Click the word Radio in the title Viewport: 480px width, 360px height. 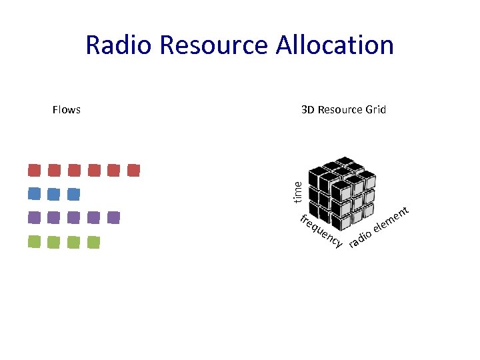120,45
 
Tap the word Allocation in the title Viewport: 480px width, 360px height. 331,45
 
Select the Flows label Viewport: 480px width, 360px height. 67,110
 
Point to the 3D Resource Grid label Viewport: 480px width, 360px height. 343,110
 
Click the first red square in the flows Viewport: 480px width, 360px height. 35,170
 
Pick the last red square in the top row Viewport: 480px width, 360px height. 133,170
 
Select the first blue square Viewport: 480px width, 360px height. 35,194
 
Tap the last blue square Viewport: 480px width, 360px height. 74,194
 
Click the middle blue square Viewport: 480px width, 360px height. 54,194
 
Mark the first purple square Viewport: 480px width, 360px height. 35,217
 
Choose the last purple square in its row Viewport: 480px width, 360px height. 113,217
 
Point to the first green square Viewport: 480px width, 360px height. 35,242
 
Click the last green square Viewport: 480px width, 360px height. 94,242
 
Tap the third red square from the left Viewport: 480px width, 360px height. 74,170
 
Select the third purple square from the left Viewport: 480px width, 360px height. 74,217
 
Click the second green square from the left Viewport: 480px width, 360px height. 54,242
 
